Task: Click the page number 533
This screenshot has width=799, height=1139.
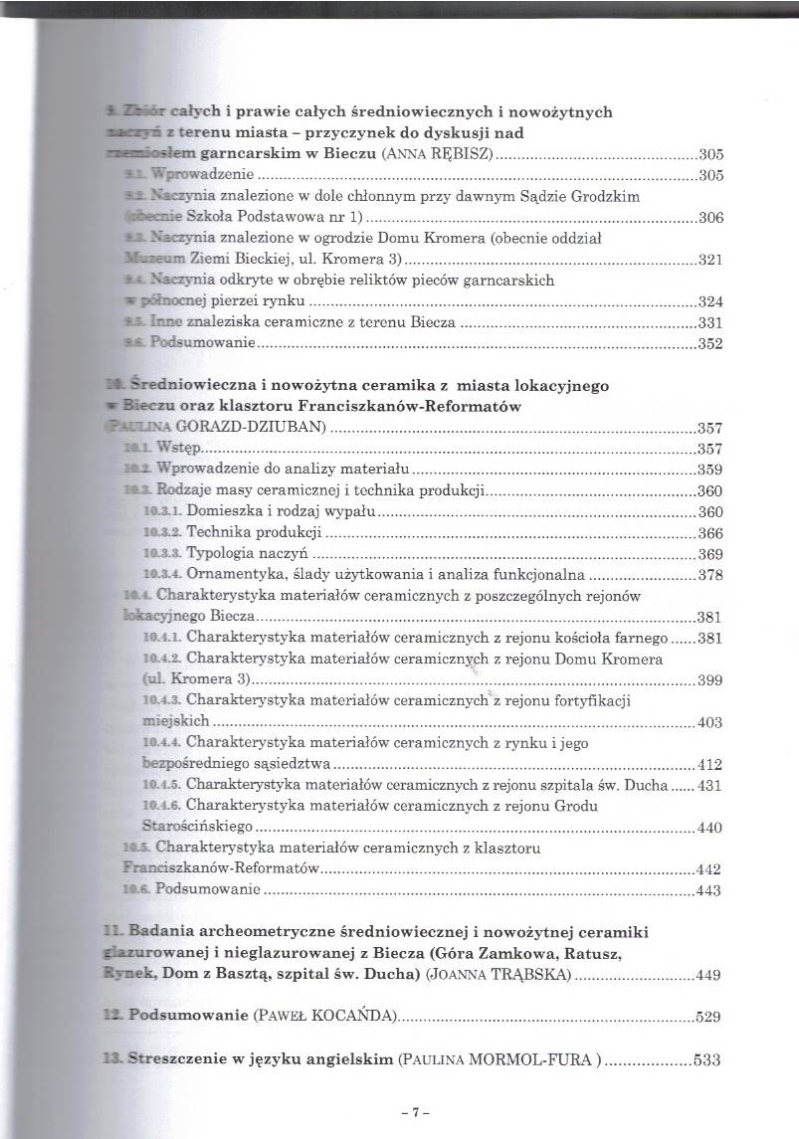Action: (x=704, y=1060)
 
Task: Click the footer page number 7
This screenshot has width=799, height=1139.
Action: (x=405, y=1108)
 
